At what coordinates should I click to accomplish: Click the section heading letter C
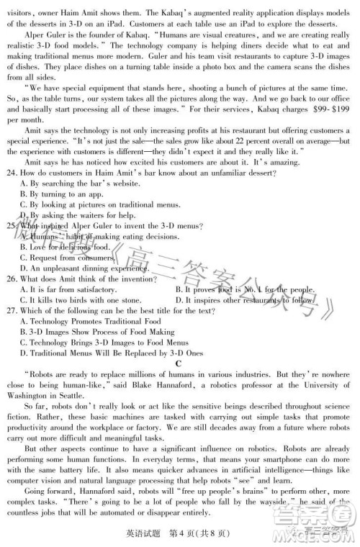pos(179,364)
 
